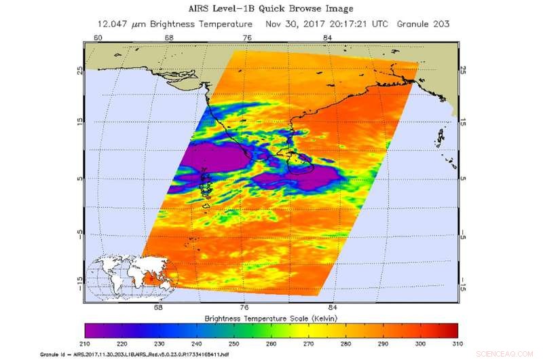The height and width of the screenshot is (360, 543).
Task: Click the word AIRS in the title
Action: tap(189, 9)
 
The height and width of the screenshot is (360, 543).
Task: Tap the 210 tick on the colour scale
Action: tap(86, 345)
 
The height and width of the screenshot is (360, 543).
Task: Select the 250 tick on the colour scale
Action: tap(234, 345)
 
